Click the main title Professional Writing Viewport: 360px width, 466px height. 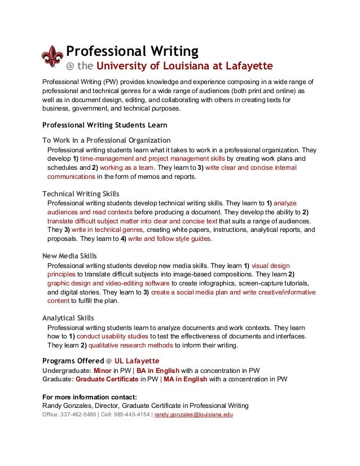click(132, 51)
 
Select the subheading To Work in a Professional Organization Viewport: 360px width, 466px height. click(107, 140)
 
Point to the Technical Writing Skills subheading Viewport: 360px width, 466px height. click(81, 194)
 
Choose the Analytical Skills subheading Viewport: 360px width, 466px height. click(68, 318)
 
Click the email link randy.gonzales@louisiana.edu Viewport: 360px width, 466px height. click(194, 415)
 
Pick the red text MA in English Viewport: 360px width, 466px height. click(186, 379)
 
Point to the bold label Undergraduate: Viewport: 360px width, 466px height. click(67, 370)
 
